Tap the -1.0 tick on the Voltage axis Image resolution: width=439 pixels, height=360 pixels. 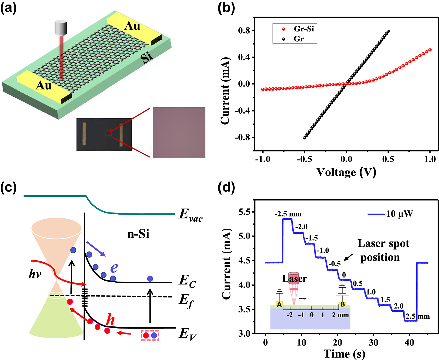tap(263, 159)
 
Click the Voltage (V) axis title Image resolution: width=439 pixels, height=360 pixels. tap(346, 172)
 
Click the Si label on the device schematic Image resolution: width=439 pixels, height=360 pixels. tap(147, 57)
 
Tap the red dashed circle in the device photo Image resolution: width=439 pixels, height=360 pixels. tap(108, 133)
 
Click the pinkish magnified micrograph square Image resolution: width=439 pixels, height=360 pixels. tap(179, 132)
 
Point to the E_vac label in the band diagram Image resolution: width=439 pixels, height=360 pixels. tap(190, 214)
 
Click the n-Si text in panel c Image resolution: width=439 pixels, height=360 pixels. tap(138, 234)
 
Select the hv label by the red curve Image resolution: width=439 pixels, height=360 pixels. tap(35, 275)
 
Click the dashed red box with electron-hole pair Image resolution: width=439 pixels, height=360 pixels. tap(150, 335)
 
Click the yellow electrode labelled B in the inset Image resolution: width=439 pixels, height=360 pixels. tap(343, 304)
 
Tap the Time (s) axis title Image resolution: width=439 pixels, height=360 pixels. tap(344, 354)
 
